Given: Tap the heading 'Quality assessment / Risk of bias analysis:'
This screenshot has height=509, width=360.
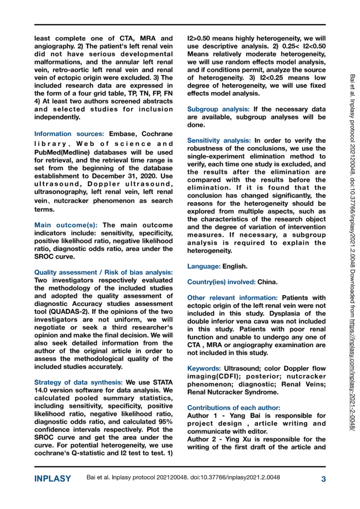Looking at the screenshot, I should coord(103,272).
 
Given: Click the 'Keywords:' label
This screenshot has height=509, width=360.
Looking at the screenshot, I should coord(204,369).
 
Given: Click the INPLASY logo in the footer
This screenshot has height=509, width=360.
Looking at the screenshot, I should coord(52,479).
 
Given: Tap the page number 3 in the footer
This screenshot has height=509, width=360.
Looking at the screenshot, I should coord(323,479).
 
